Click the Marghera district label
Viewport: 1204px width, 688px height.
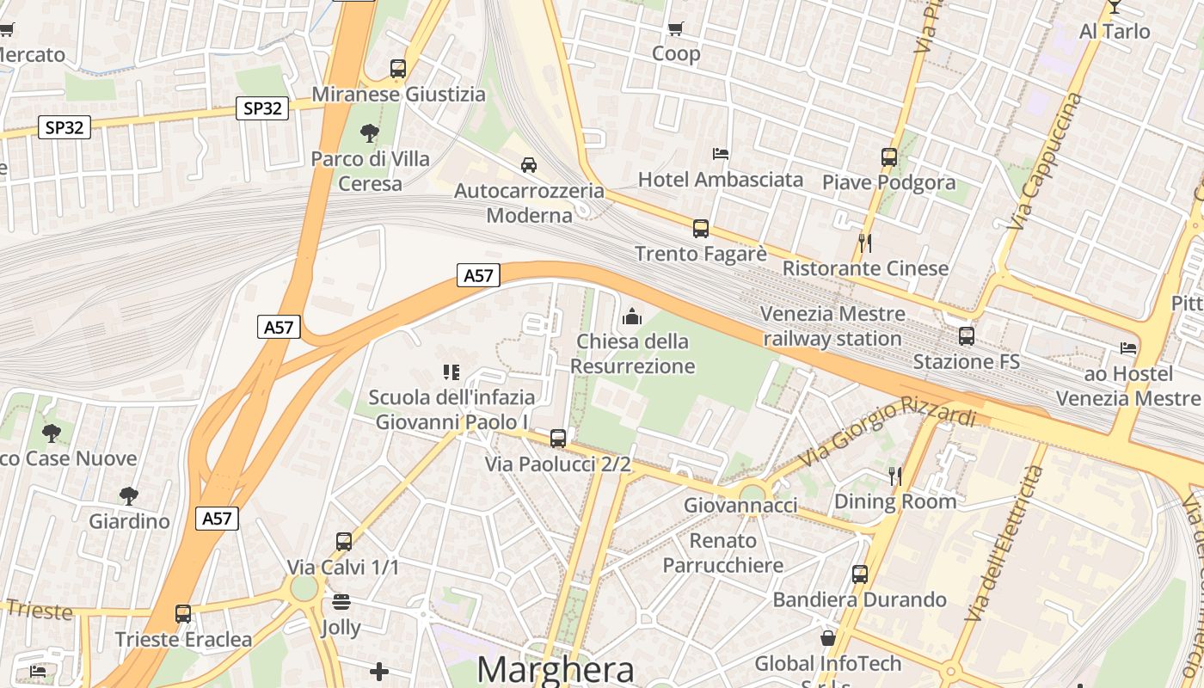pos(556,669)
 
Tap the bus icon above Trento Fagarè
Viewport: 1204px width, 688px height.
pos(701,229)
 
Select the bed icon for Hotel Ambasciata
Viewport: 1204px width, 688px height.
pos(721,154)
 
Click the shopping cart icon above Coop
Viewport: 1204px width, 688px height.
pos(676,28)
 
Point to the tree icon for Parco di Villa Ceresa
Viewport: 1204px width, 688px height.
pos(370,133)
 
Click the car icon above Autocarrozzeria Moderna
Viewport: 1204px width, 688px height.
pos(529,164)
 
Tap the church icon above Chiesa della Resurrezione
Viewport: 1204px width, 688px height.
pos(632,316)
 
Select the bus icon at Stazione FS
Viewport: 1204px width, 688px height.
pos(967,336)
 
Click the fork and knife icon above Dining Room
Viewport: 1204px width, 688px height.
pos(895,476)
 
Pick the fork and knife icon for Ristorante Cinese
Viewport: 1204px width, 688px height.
pos(865,243)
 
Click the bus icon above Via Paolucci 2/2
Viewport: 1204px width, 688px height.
pos(558,439)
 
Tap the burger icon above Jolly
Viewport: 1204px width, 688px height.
pos(341,601)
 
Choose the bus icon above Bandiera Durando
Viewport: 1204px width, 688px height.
pos(860,574)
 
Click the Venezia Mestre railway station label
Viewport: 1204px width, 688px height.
pos(832,326)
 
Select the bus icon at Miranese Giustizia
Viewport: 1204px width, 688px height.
pos(398,69)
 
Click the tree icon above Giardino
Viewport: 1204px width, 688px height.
pos(129,496)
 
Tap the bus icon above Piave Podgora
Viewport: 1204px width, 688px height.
pos(889,157)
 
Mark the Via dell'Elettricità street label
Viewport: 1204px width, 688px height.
pos(1004,544)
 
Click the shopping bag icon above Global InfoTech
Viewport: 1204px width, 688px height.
pos(827,638)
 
